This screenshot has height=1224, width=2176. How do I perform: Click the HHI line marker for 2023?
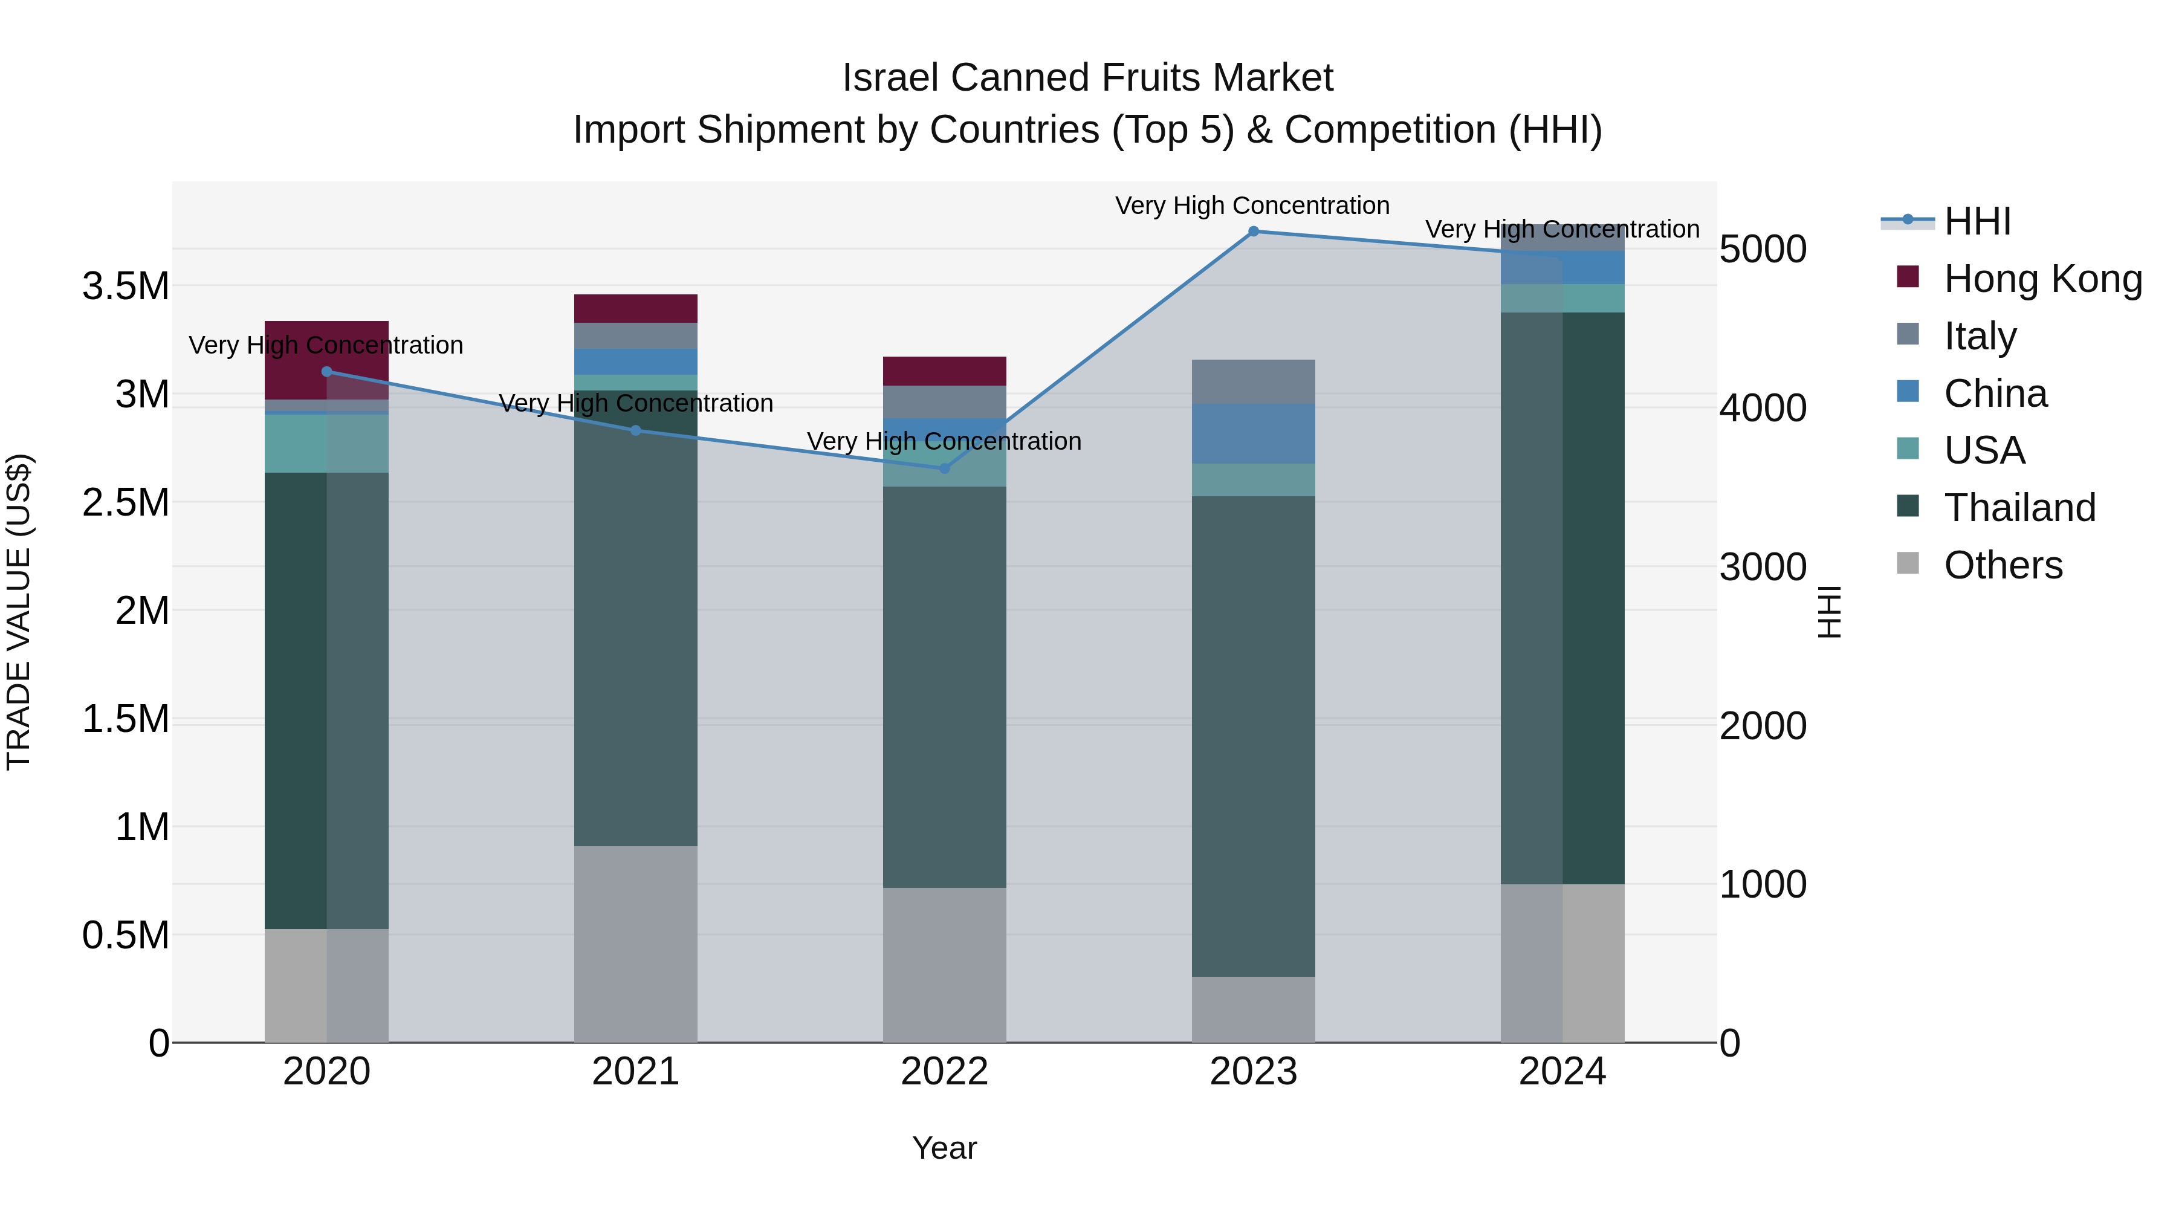(x=1253, y=232)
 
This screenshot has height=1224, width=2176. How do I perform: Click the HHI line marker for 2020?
(x=327, y=372)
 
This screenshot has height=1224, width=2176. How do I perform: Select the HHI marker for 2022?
(x=944, y=468)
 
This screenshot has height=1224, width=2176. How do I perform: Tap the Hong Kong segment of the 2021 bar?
(x=635, y=308)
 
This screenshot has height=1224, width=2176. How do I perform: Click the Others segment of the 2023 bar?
(x=1253, y=1009)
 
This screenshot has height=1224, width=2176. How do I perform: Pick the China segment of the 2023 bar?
(x=1253, y=433)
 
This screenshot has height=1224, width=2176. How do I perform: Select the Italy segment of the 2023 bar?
(x=1253, y=382)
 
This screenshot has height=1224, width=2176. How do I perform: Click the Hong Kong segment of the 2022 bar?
(x=944, y=371)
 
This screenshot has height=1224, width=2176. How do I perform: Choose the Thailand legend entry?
(x=2019, y=508)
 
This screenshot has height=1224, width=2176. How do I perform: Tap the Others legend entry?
(x=2002, y=565)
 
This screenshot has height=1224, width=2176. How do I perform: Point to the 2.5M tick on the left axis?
(x=125, y=503)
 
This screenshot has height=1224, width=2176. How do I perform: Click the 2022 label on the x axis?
(x=944, y=1072)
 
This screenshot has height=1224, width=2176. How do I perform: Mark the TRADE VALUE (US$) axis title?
(x=19, y=612)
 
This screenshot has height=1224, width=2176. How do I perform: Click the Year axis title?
(x=944, y=1148)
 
